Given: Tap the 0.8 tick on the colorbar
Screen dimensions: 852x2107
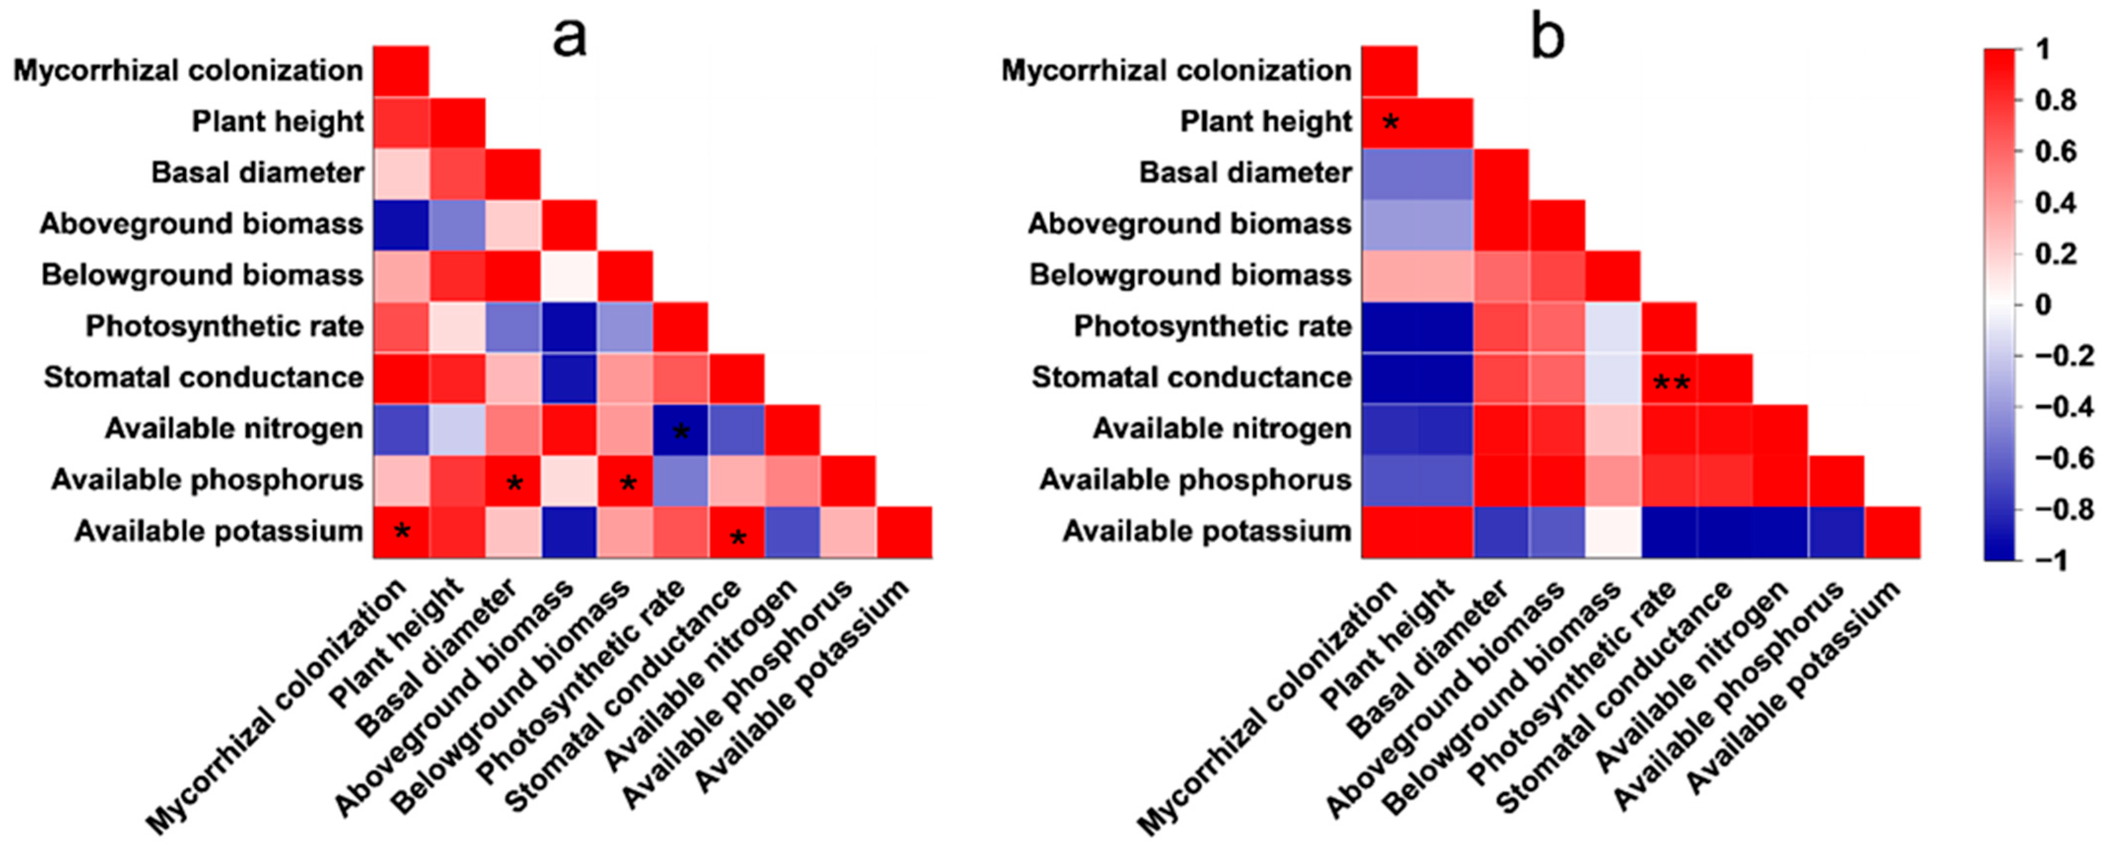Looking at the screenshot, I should click(2054, 101).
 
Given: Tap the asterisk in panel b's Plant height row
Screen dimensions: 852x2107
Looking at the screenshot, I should click(1390, 124).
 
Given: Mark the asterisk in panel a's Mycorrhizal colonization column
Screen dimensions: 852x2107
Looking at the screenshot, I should click(401, 533).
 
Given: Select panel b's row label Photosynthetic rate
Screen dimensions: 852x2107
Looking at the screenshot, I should click(1212, 326).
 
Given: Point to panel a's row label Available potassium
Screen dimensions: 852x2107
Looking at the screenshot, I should click(218, 532).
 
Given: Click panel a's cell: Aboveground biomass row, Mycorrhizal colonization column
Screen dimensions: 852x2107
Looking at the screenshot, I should click(401, 225).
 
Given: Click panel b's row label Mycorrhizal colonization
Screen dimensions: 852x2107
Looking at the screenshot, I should click(1176, 71).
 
